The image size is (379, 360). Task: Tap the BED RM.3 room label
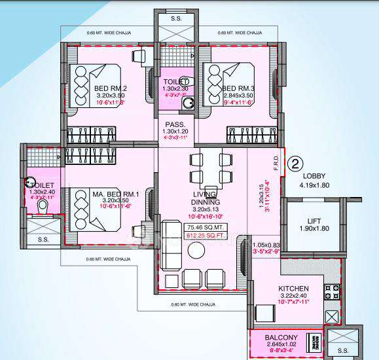tap(238, 88)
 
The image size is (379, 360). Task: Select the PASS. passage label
tap(175, 124)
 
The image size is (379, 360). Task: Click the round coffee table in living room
tap(196, 251)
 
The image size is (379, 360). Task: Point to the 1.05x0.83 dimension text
tap(265, 245)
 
